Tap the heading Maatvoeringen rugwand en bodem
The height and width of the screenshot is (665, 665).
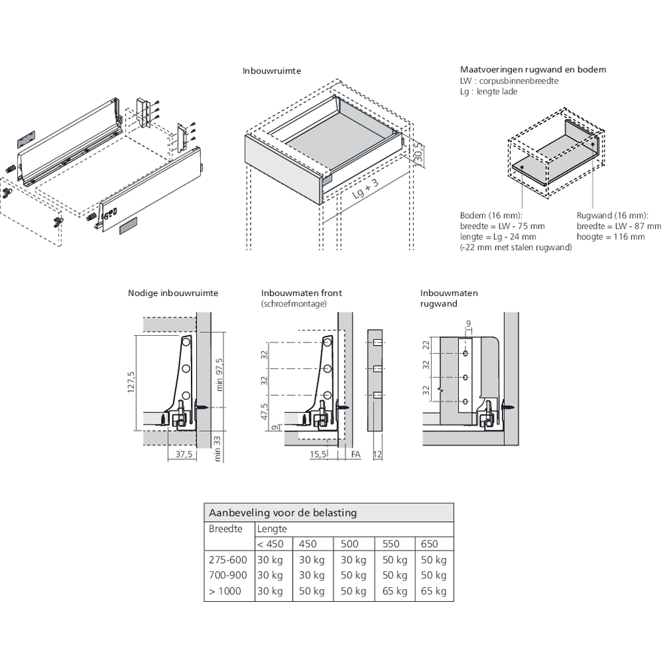pos(533,69)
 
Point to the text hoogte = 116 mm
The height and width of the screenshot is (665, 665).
pos(610,237)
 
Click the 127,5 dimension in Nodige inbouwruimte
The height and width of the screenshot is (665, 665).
pos(131,383)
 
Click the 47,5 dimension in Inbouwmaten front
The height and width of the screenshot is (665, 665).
pos(264,412)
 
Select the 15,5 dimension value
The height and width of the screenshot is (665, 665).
pos(319,455)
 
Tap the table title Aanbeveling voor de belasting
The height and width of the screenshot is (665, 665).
pos(283,513)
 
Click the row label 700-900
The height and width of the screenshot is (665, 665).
pos(228,575)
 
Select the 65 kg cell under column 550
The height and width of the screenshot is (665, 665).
pos(395,591)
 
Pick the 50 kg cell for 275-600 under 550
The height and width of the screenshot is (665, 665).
pos(395,560)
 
